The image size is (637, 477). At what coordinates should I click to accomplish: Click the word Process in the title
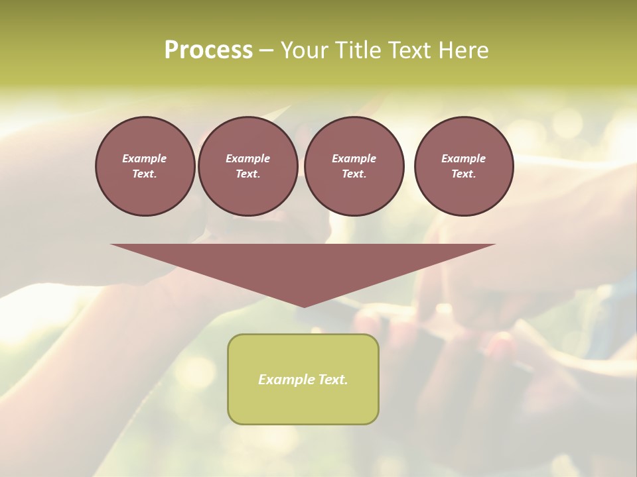click(208, 50)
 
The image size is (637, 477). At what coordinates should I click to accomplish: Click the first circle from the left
click(145, 166)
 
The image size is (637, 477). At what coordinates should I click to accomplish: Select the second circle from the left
click(248, 166)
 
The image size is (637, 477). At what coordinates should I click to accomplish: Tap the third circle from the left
click(354, 166)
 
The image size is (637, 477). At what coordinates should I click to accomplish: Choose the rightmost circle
click(464, 166)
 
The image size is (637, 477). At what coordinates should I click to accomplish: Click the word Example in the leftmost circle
click(145, 158)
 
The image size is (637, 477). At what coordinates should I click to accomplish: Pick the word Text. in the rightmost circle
click(464, 174)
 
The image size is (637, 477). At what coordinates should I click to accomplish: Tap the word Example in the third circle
click(354, 158)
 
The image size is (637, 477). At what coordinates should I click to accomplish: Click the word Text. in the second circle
click(248, 174)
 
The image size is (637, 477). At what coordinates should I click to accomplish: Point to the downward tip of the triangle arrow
click(304, 306)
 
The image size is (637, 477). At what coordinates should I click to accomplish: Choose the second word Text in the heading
click(407, 50)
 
